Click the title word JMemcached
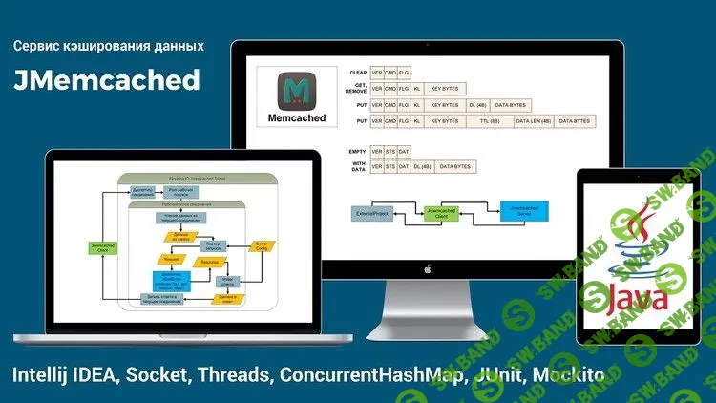tap(107, 80)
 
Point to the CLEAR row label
tap(359, 72)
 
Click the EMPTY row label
tap(359, 151)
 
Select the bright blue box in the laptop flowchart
tap(172, 279)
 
